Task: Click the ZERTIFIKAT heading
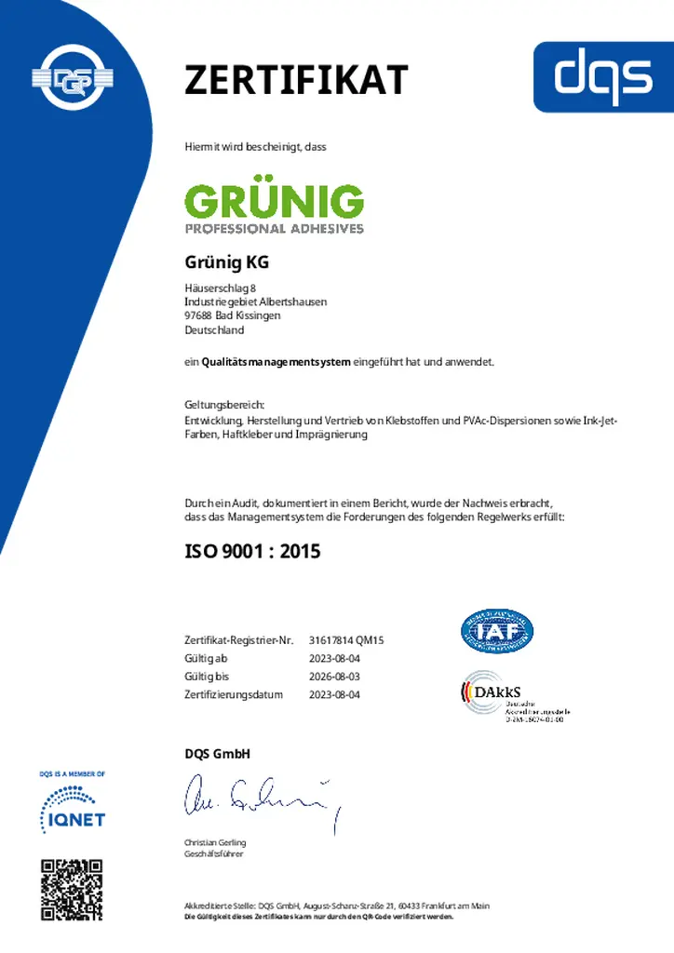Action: [296, 80]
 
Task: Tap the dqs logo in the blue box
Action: [603, 76]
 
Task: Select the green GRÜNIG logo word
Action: [274, 201]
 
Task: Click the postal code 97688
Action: [198, 315]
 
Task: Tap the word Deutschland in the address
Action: [214, 329]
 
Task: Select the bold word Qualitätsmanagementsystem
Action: [276, 362]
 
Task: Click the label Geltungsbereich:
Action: [224, 405]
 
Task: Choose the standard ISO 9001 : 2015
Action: [252, 551]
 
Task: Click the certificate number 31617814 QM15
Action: [346, 640]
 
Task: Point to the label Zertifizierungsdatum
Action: [234, 694]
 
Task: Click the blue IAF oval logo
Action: [497, 631]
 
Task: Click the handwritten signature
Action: [261, 799]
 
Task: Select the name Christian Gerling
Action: [215, 842]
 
